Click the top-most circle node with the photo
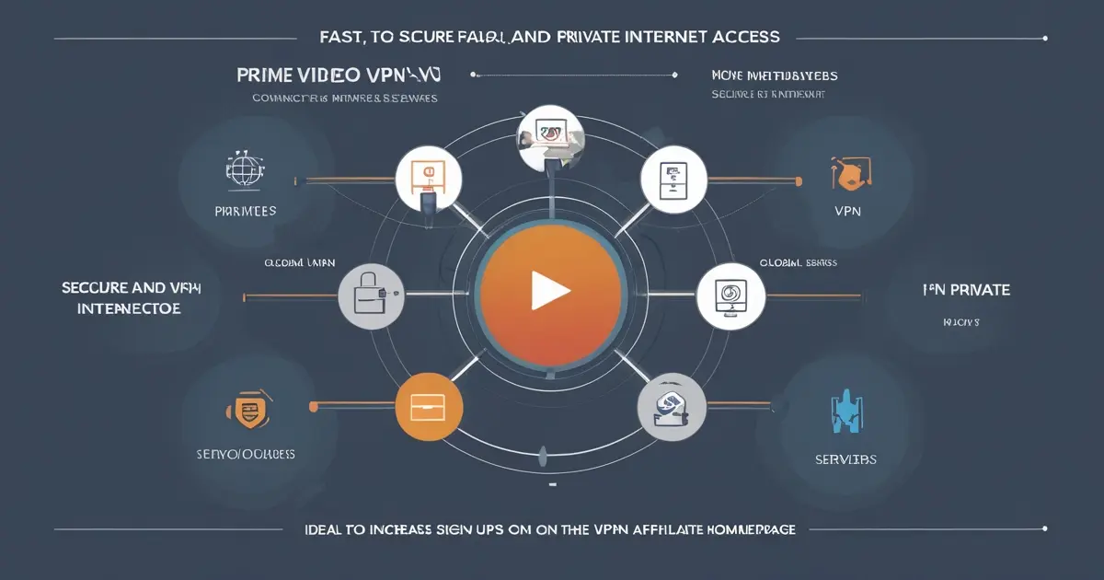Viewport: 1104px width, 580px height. (550, 138)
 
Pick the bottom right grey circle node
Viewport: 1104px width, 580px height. (672, 407)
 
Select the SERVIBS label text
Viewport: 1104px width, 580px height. (845, 458)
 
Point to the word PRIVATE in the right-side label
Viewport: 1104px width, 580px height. (979, 290)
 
